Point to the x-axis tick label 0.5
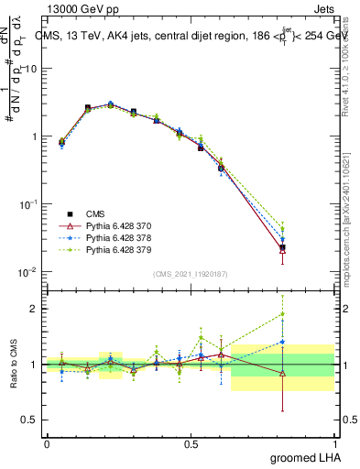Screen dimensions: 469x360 coord(192,443)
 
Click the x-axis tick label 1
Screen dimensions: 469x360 coord(338,443)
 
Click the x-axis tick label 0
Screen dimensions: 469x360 coord(47,443)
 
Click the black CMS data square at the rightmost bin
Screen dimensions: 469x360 coord(282,247)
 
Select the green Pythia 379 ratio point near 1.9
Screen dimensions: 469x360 coord(282,313)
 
